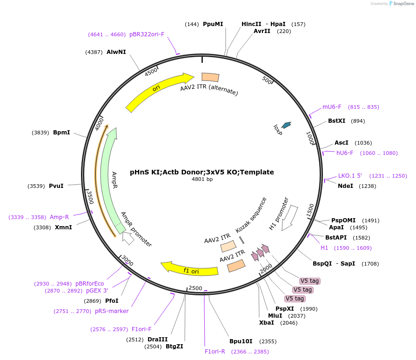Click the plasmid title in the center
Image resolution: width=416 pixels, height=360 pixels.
coord(202,172)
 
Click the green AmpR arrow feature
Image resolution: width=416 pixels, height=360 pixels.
coord(110,177)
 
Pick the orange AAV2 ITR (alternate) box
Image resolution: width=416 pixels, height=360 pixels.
coord(210,78)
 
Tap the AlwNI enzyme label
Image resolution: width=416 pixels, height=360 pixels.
coord(116,52)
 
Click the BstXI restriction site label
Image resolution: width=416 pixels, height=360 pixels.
coord(336,121)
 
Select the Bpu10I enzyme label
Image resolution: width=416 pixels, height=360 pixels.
coord(241,341)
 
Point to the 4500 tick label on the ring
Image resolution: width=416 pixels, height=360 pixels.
coord(151,72)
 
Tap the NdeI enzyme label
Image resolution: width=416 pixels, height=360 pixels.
coord(345,186)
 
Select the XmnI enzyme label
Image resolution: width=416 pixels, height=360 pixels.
coord(63,227)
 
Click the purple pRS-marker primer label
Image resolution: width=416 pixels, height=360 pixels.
coord(112,311)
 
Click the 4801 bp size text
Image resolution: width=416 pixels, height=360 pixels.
coord(202,180)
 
